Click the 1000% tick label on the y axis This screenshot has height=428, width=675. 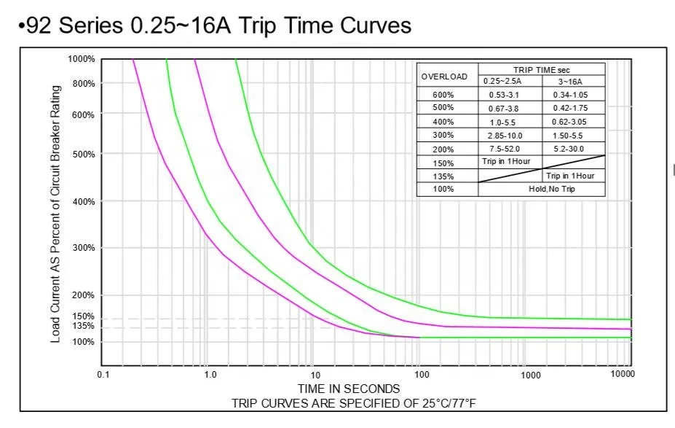point(82,59)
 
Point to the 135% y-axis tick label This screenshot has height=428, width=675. point(84,326)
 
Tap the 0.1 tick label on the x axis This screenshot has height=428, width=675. point(103,375)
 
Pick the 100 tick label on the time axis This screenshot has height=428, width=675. point(422,375)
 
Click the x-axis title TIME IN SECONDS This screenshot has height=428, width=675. point(348,389)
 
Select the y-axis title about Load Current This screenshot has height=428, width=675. point(55,213)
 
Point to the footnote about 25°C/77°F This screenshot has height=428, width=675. point(355,403)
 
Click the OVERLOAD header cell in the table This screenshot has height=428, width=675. point(444,77)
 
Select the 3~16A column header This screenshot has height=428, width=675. point(573,81)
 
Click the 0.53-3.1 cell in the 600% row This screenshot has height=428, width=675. point(502,95)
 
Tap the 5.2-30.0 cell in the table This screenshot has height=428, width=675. point(573,149)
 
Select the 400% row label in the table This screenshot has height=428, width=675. point(443,122)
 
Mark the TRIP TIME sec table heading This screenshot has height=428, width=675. point(542,69)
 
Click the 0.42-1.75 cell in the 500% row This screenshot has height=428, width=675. point(573,109)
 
